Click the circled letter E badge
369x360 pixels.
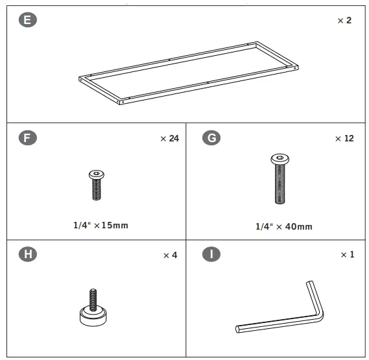(x=27, y=20)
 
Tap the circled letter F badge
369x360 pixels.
(x=27, y=138)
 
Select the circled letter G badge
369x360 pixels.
(x=211, y=138)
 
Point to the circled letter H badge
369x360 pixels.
(x=27, y=254)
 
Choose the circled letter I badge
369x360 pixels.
(x=211, y=254)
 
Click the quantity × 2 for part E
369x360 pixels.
(x=344, y=21)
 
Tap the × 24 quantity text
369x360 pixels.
(x=169, y=138)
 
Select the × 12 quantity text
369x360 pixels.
(x=344, y=139)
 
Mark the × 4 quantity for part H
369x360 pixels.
(x=170, y=255)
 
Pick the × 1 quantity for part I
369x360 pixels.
(x=347, y=255)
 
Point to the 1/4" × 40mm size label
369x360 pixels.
(x=283, y=226)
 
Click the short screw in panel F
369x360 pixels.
(x=95, y=185)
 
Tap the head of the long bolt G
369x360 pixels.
(x=280, y=159)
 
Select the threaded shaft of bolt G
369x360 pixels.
(x=280, y=185)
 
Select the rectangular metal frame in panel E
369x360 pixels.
(x=189, y=71)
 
